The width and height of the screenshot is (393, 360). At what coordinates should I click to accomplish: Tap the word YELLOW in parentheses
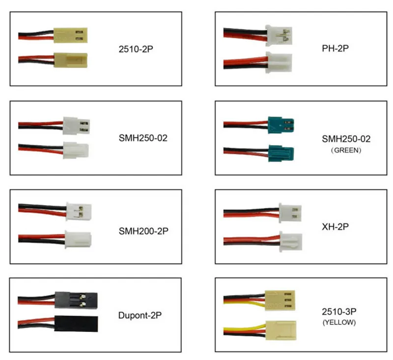[x=339, y=323]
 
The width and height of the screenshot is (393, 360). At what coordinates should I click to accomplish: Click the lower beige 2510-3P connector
[x=280, y=331]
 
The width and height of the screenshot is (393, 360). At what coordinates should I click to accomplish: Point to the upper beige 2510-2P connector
[x=69, y=35]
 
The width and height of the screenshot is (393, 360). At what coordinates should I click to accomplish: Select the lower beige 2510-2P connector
[x=69, y=60]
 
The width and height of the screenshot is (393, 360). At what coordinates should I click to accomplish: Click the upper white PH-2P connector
[x=279, y=36]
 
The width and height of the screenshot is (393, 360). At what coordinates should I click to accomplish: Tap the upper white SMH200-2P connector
[x=79, y=211]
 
